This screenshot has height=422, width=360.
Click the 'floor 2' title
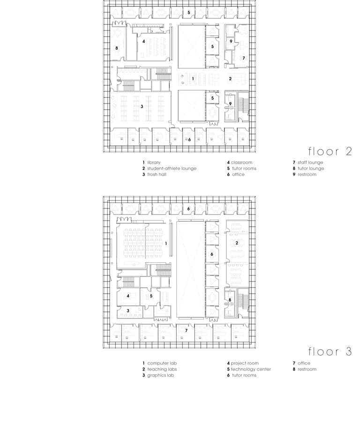click(x=330, y=151)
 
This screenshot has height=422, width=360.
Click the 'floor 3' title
click(x=330, y=351)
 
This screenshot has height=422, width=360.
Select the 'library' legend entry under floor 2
click(x=154, y=163)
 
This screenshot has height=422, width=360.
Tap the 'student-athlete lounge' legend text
click(x=172, y=169)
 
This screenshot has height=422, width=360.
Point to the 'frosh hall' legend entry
click(x=157, y=174)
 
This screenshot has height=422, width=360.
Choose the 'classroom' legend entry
click(x=241, y=163)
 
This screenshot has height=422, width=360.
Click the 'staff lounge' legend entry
click(x=310, y=163)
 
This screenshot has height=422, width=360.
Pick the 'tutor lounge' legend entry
click(x=311, y=169)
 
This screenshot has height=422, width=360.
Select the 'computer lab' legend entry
click(x=162, y=363)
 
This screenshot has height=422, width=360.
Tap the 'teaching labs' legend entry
click(x=162, y=369)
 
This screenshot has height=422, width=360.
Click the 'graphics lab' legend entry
click(x=160, y=375)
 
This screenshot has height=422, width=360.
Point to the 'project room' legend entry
click(x=245, y=363)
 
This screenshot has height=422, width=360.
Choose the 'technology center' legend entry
click(x=251, y=369)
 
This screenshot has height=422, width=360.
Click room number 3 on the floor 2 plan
click(x=142, y=107)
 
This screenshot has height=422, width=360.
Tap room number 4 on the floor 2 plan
click(x=143, y=41)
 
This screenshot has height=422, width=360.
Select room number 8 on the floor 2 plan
click(x=117, y=48)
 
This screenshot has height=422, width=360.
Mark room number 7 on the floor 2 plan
click(x=244, y=58)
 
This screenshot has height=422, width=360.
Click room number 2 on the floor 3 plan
click(x=237, y=243)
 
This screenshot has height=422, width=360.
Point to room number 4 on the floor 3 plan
click(x=128, y=296)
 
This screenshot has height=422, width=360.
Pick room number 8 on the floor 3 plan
click(x=230, y=300)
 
